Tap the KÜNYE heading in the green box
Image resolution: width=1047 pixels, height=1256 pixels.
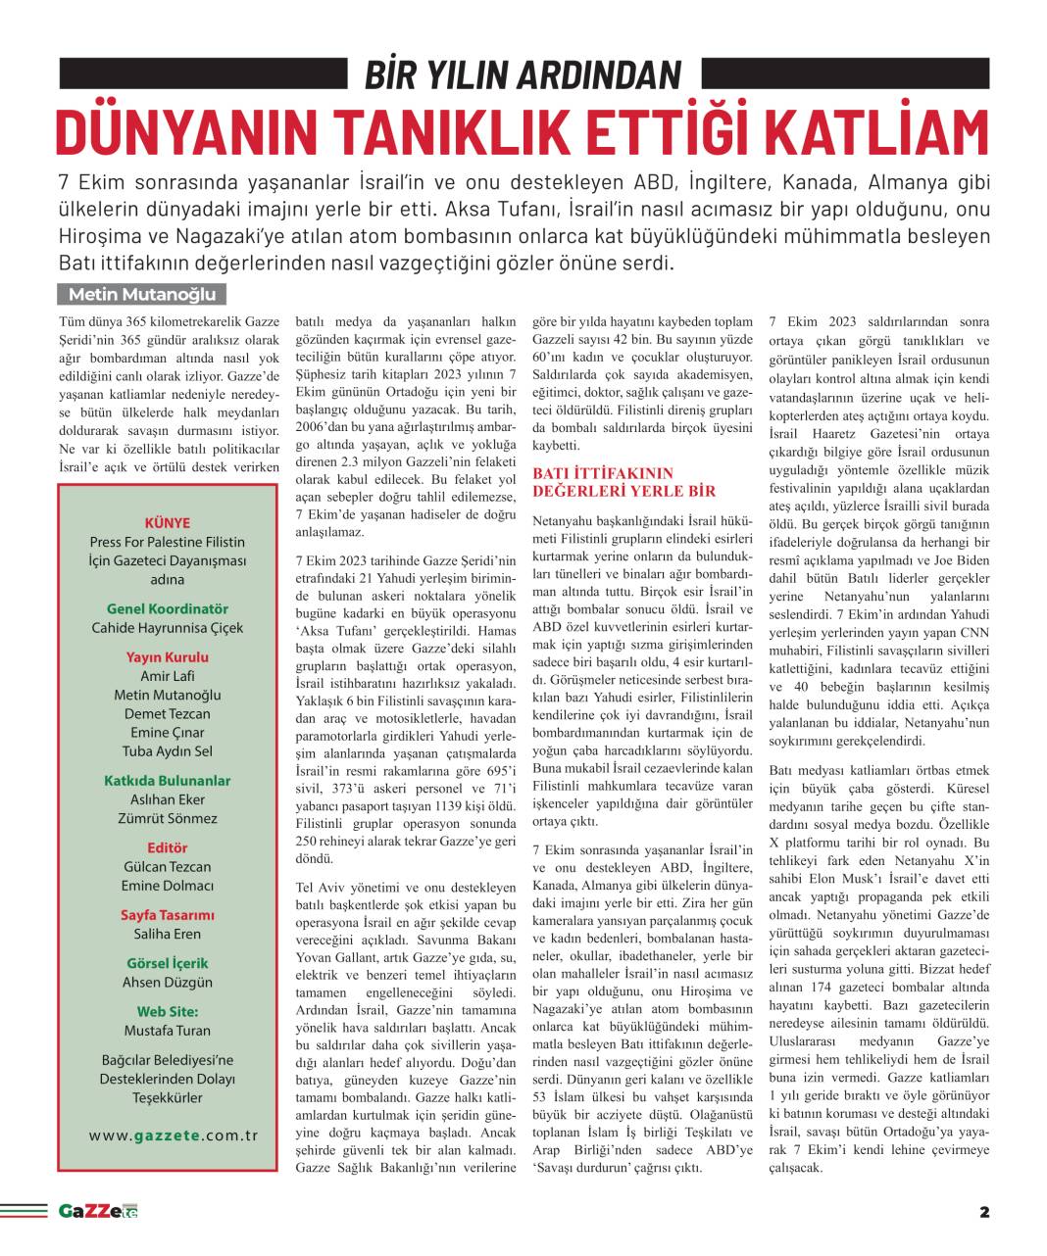(x=167, y=523)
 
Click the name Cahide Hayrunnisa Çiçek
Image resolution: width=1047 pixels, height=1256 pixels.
(x=167, y=627)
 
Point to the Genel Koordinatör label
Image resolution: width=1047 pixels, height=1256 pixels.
(x=167, y=608)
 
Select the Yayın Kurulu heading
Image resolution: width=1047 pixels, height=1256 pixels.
(x=167, y=657)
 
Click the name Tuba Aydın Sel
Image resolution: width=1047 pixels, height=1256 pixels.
(x=167, y=751)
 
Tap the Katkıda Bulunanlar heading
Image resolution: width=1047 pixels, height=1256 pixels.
(x=167, y=781)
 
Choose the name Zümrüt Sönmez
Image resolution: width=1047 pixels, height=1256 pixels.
(x=167, y=818)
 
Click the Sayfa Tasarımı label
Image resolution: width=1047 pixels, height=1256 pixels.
(x=167, y=915)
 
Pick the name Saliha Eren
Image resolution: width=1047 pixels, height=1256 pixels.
(x=167, y=934)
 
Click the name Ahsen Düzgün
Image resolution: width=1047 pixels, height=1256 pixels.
(x=167, y=982)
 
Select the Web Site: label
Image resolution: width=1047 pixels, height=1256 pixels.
(x=167, y=1011)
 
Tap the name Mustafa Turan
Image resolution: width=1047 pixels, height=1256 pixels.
(x=167, y=1030)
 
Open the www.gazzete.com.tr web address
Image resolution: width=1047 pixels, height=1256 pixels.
(x=174, y=1135)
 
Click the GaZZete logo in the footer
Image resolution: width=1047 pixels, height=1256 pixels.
(x=97, y=1211)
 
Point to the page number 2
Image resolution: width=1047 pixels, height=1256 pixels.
(x=984, y=1212)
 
